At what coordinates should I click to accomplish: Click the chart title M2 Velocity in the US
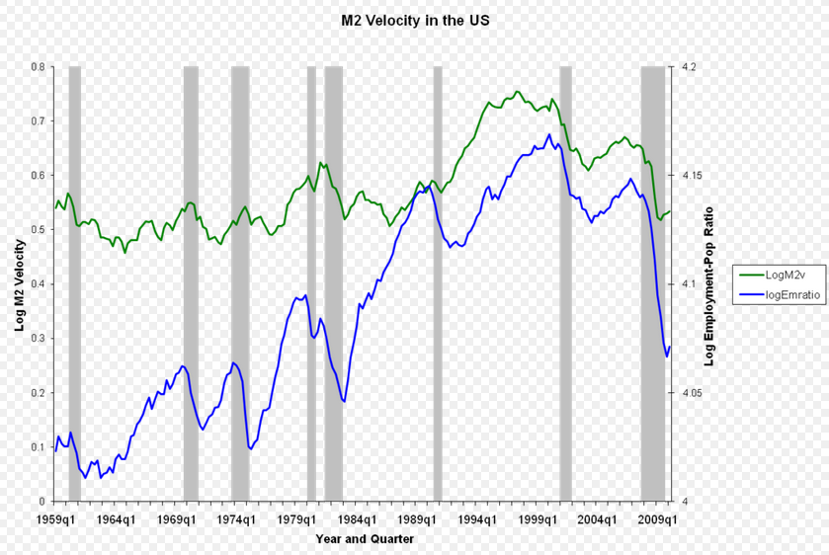(415, 20)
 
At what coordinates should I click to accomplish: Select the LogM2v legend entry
(786, 276)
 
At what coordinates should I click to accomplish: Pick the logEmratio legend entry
(788, 295)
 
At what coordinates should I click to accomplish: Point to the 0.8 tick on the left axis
(37, 67)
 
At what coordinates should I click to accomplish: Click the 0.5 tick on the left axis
(37, 230)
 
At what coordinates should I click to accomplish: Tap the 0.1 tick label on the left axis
(37, 447)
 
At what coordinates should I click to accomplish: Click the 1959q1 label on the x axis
(55, 518)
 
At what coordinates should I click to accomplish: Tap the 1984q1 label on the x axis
(358, 518)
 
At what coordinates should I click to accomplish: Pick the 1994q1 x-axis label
(478, 518)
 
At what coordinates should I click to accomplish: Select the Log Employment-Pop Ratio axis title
(708, 284)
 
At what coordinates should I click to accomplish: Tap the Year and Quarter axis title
(365, 539)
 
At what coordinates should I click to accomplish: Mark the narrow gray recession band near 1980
(311, 284)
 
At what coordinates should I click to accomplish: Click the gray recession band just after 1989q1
(438, 284)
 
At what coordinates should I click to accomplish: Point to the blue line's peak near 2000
(548, 134)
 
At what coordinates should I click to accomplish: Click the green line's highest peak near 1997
(517, 92)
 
